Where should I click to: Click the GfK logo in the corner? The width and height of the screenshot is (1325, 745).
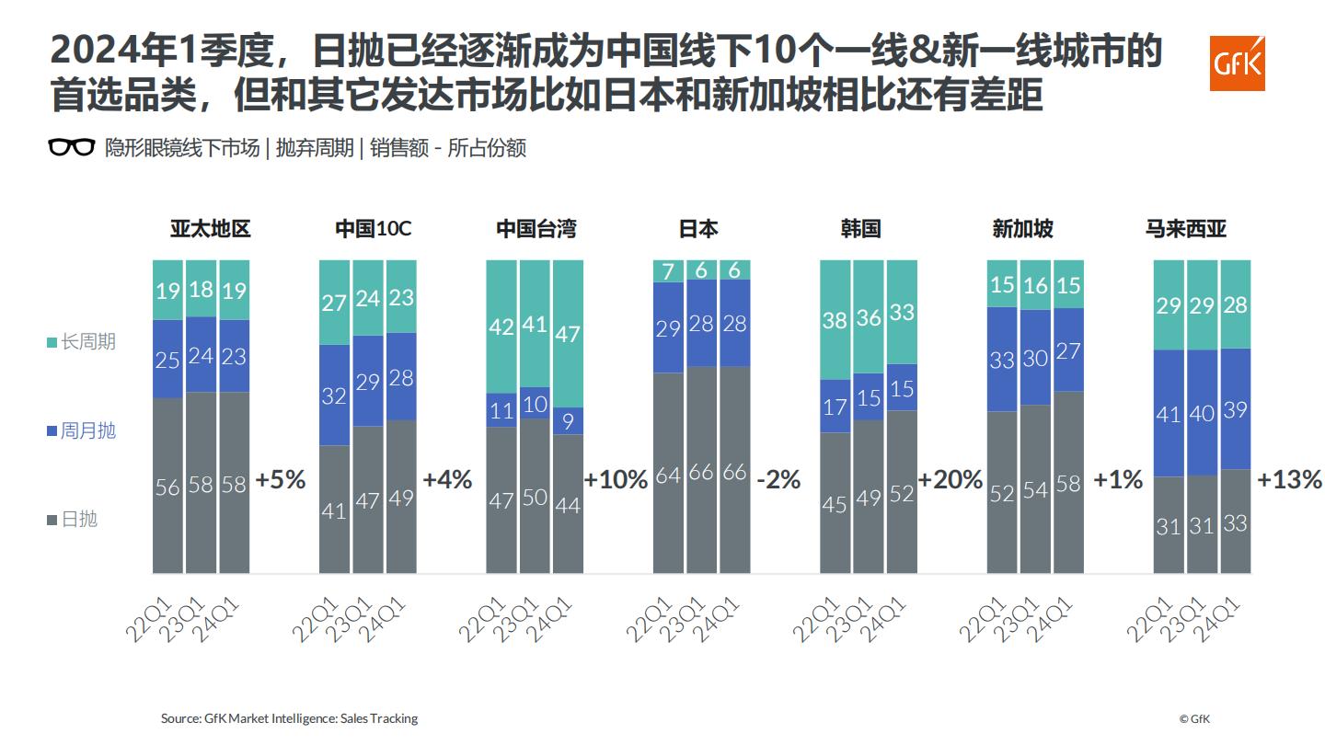point(1237,64)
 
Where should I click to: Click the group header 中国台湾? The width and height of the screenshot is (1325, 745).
point(536,229)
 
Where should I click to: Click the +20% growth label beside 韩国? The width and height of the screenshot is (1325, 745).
point(950,480)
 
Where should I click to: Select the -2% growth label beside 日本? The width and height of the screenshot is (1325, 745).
point(778,480)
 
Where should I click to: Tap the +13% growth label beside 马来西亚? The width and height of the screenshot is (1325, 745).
point(1289,480)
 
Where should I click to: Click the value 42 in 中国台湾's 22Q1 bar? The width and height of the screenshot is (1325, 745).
point(501,327)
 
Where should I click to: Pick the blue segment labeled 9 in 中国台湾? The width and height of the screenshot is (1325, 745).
point(568,421)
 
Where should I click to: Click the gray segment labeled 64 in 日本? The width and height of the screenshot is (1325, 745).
point(668,475)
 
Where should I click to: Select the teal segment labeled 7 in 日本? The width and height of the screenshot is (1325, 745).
point(668,271)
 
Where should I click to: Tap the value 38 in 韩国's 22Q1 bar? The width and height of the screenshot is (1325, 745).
point(835,320)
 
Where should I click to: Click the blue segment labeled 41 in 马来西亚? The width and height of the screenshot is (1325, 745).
point(1169,414)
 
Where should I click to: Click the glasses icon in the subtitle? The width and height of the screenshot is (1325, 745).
point(71,148)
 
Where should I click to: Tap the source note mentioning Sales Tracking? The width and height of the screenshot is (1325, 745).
point(289,718)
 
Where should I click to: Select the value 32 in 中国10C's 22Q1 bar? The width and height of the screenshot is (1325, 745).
point(335,395)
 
